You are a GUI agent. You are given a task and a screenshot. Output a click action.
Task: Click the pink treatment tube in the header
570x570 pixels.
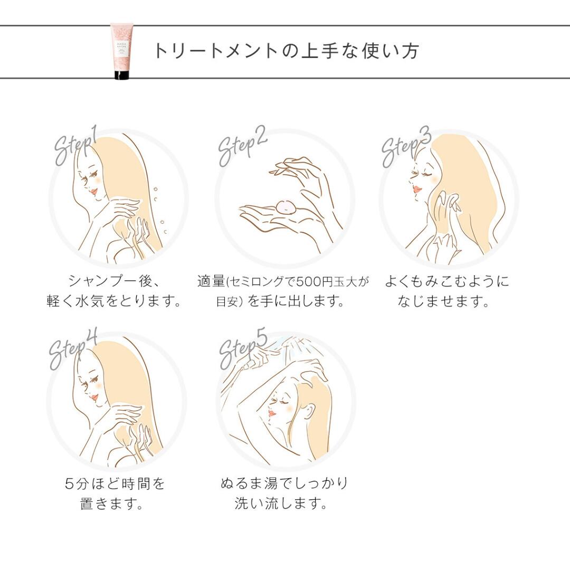121,51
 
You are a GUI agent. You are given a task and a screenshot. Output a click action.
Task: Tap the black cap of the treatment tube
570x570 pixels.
121,75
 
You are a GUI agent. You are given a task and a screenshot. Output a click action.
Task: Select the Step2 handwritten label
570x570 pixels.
242,146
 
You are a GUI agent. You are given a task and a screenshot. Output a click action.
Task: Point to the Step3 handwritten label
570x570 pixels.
406,147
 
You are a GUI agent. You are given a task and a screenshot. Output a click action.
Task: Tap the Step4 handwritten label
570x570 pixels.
73,349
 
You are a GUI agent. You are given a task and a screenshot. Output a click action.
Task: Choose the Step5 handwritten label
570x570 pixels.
243,349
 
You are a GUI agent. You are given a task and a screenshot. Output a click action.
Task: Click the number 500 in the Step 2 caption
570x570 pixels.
309,281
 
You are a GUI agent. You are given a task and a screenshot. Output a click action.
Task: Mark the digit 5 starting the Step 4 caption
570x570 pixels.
70,483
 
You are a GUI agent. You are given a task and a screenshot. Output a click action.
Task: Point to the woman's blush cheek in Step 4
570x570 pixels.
97,382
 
